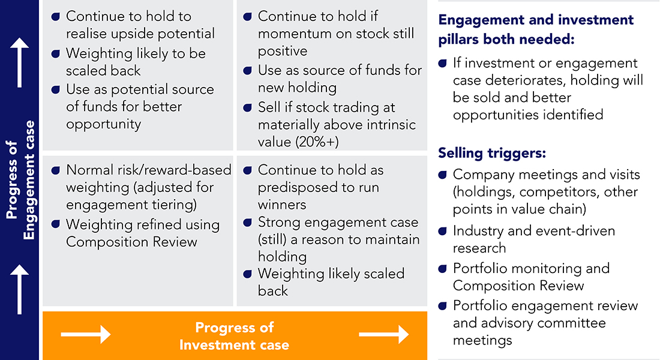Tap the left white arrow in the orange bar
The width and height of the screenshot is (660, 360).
86,334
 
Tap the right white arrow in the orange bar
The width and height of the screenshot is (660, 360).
383,334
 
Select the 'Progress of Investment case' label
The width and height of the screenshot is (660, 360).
234,336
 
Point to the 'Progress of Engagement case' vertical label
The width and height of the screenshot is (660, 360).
20,180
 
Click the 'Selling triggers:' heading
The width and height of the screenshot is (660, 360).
492,153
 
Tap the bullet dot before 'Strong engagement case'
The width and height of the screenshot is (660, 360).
248,223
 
